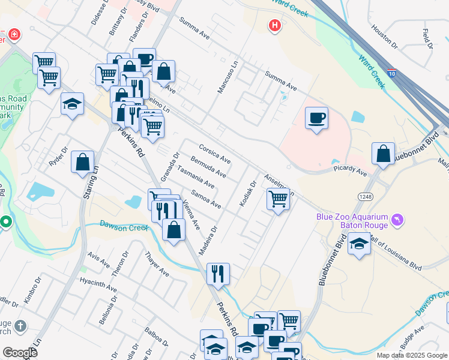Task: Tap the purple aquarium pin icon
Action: (396, 221)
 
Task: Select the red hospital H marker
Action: (275, 26)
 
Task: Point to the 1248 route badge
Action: (366, 196)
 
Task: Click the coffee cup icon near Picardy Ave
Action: (316, 118)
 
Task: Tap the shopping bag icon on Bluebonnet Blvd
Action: (382, 153)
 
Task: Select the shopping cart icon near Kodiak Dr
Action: (278, 198)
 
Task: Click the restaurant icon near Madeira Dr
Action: (218, 273)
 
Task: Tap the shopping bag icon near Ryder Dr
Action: (82, 162)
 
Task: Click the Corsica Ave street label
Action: (215, 152)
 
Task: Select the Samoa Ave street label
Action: (206, 200)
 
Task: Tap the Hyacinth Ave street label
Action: (98, 284)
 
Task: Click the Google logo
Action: (20, 353)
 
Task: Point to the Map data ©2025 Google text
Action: (411, 355)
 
